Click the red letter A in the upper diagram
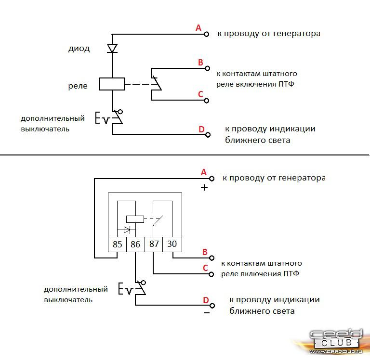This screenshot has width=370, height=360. (198, 28)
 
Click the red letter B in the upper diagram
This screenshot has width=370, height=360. (201, 63)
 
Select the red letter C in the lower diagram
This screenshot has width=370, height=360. (205, 268)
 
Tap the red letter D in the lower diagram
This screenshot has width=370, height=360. (206, 301)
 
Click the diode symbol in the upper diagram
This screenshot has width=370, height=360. (112, 48)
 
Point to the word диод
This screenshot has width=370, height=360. (79, 49)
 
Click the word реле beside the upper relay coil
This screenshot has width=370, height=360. (78, 86)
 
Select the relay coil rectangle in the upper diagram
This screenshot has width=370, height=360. (112, 84)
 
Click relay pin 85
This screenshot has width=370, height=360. (117, 244)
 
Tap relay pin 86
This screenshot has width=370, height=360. (135, 244)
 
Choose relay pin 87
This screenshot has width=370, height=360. (154, 244)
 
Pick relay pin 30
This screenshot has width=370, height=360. (172, 244)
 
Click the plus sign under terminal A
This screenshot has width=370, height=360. (204, 188)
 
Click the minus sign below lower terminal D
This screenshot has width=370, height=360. (206, 313)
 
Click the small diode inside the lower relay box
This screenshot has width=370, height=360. (127, 230)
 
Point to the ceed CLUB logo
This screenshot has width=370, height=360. (335, 340)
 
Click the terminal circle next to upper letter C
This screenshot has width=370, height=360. (207, 101)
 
